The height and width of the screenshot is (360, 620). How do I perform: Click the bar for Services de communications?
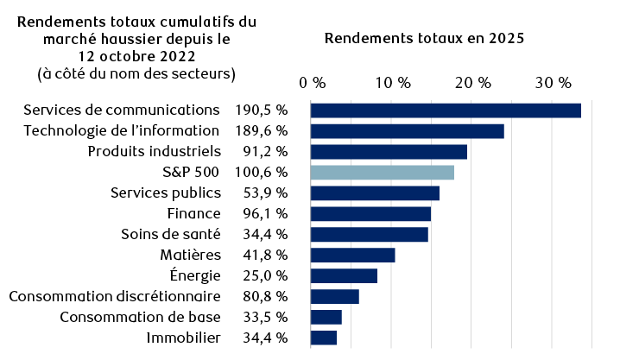point(445,111)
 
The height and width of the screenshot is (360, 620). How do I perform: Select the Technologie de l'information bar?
point(407,131)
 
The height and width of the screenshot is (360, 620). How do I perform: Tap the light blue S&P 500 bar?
point(382,173)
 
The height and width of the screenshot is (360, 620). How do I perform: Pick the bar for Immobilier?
point(323,338)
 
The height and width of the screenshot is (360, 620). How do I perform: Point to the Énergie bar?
point(344,275)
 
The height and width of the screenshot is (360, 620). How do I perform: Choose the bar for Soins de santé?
point(369,234)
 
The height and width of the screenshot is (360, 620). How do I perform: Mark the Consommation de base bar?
point(326,317)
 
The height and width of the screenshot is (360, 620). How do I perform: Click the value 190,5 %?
point(261,111)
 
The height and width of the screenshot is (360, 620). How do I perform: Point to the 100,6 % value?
point(261,173)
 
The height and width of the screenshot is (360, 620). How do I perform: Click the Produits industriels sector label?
point(154,152)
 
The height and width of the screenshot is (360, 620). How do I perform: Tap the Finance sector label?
point(194,213)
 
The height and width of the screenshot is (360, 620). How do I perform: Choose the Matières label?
point(191,255)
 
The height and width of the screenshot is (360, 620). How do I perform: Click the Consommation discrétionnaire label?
point(115,296)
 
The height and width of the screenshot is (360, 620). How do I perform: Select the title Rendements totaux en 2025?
point(424,39)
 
